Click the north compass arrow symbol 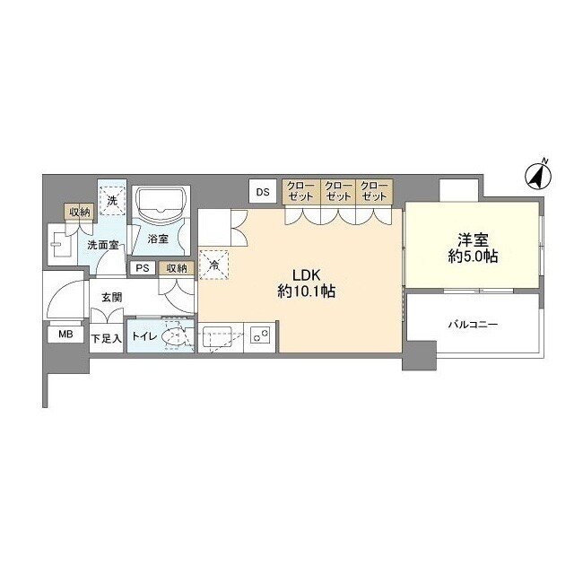tap(538, 176)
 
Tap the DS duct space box tap(263, 191)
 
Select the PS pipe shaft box tap(143, 268)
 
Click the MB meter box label tap(65, 334)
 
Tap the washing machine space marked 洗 tap(112, 201)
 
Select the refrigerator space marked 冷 tap(214, 265)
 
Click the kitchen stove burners tap(260, 335)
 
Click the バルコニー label tap(473, 325)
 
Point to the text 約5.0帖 tap(473, 257)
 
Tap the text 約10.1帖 tap(306, 291)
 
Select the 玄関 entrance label tap(111, 298)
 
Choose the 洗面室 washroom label tap(103, 245)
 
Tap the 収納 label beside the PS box tap(177, 268)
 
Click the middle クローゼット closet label tap(338, 191)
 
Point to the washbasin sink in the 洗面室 tap(58, 244)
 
